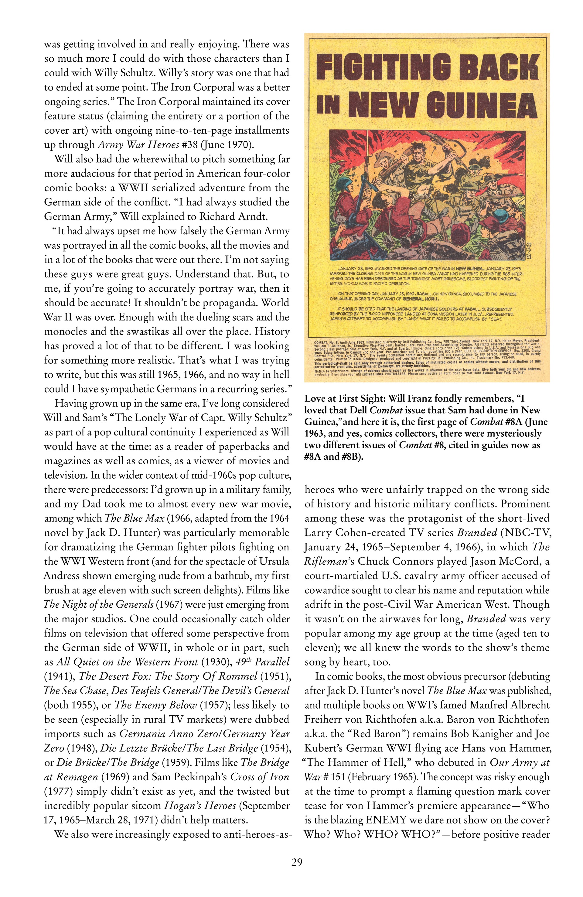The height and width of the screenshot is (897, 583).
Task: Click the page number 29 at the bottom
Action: point(296,862)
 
